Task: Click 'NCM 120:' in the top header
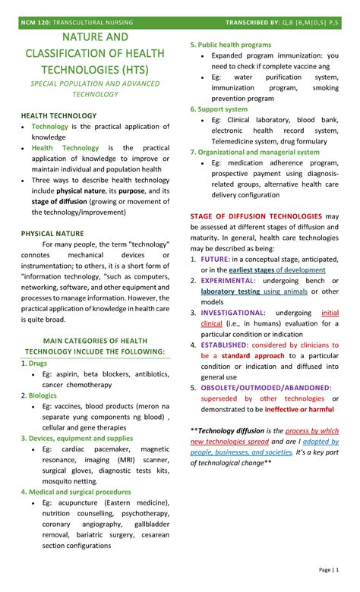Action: pos(35,23)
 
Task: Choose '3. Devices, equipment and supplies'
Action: pos(77,438)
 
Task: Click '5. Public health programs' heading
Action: pos(230,45)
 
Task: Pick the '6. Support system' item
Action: pos(219,109)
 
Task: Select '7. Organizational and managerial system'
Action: pos(254,151)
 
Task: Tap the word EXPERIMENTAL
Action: pos(229,280)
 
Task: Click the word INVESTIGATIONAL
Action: pos(233,312)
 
